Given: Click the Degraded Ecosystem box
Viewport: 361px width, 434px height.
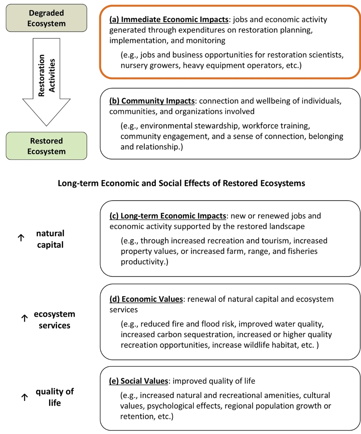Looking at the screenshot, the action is (47, 18).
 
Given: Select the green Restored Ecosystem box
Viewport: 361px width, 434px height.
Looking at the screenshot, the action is (47, 146).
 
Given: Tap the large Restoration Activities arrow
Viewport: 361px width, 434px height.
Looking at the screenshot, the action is (47, 82).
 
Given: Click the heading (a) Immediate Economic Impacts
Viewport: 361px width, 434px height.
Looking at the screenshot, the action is (169, 19).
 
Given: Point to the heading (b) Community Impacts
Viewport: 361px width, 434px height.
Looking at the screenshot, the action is (152, 101).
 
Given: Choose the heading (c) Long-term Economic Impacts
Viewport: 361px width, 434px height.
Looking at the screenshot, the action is (168, 216).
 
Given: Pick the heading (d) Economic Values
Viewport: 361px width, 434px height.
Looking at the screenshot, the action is (146, 299).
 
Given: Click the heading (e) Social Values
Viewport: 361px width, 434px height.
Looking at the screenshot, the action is (138, 381).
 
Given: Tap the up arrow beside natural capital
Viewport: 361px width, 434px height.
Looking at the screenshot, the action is (21, 238).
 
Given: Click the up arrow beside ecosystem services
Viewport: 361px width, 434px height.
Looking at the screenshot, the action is (25, 318).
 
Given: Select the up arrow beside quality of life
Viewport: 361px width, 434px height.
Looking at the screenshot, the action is (25, 397).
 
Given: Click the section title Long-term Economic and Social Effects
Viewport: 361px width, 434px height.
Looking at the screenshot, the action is (182, 183).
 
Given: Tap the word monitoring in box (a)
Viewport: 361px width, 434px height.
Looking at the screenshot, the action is (206, 41).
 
